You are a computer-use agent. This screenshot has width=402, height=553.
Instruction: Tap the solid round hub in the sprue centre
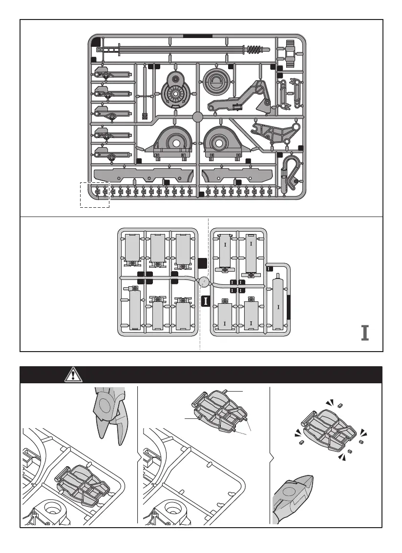198,117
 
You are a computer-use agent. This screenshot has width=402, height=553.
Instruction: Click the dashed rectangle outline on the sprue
95,195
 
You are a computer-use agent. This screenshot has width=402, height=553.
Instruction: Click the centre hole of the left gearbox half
175,144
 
